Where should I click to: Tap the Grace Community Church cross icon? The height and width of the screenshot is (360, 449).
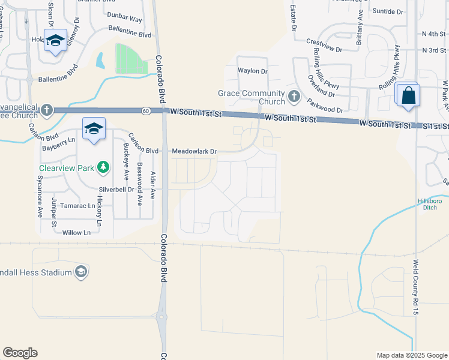294,96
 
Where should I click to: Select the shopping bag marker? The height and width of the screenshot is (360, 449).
408,96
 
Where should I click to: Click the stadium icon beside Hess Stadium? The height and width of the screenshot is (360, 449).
80,272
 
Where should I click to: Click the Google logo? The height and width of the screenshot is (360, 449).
20,353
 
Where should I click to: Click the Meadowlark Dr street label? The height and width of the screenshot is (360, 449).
194,152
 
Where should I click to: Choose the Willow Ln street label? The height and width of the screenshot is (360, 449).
76,232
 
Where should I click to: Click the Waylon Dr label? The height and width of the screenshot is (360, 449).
252,71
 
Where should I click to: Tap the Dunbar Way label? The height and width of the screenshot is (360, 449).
128,19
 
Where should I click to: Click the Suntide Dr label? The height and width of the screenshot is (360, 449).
388,11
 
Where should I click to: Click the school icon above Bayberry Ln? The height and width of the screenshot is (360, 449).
94,128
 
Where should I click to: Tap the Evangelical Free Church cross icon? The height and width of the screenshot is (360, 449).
47,110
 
